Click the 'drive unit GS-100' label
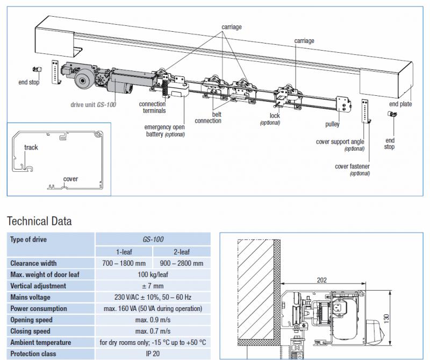coord(93,104)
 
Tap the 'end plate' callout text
coord(400,104)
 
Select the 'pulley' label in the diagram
coord(332,124)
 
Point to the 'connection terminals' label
coord(152,108)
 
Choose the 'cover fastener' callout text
coord(352,167)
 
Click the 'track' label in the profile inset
coord(31,147)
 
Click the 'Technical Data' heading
coord(39,221)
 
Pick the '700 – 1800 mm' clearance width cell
coord(124,263)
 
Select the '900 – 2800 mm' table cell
coord(182,263)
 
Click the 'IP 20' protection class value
coord(153,354)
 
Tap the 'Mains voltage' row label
coord(31,297)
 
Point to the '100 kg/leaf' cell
coord(153,274)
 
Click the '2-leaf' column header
coord(182,251)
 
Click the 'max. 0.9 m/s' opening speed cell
coord(153,320)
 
